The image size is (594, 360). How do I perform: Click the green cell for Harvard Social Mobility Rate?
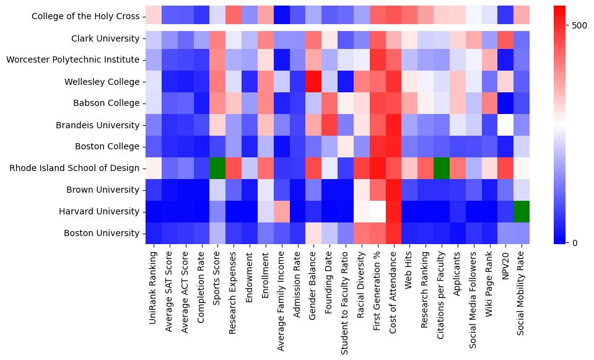522,211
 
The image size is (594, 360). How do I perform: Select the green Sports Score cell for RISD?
217,168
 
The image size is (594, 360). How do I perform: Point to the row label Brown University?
103,190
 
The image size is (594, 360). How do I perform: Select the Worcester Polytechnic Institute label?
72,60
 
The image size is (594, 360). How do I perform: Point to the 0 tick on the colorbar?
575,242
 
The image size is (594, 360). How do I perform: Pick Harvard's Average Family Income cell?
281,211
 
